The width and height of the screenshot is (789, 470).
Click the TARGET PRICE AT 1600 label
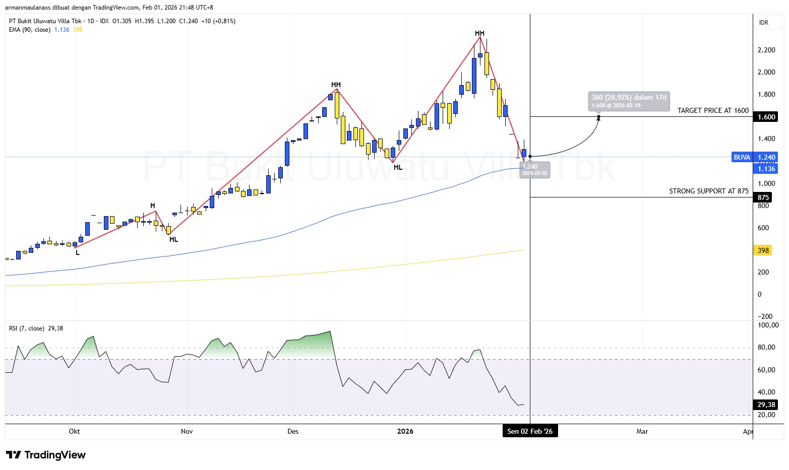(x=713, y=110)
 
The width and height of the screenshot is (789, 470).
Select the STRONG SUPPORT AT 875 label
(x=708, y=191)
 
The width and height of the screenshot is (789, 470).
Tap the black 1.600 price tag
(x=766, y=117)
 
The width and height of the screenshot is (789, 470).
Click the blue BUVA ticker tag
(x=742, y=157)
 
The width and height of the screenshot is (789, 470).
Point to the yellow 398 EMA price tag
(x=763, y=250)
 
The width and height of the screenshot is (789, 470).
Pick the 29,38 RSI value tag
(x=766, y=405)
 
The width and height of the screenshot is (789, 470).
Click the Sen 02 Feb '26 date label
(x=530, y=431)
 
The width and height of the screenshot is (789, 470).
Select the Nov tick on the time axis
(x=187, y=431)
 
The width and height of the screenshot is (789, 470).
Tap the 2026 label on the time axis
(x=405, y=431)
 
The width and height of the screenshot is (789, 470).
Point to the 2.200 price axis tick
(x=766, y=50)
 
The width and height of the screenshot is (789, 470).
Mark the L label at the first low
(x=78, y=252)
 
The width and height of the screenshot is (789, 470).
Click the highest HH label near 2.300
(x=479, y=33)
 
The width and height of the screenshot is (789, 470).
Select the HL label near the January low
(x=398, y=167)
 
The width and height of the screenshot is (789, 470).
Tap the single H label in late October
(x=153, y=206)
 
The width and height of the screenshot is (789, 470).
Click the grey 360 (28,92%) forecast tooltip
(x=629, y=101)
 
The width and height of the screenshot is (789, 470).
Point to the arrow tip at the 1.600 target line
(x=598, y=118)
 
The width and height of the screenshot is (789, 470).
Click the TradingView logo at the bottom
(x=46, y=455)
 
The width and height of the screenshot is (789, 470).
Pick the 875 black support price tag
(x=763, y=197)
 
